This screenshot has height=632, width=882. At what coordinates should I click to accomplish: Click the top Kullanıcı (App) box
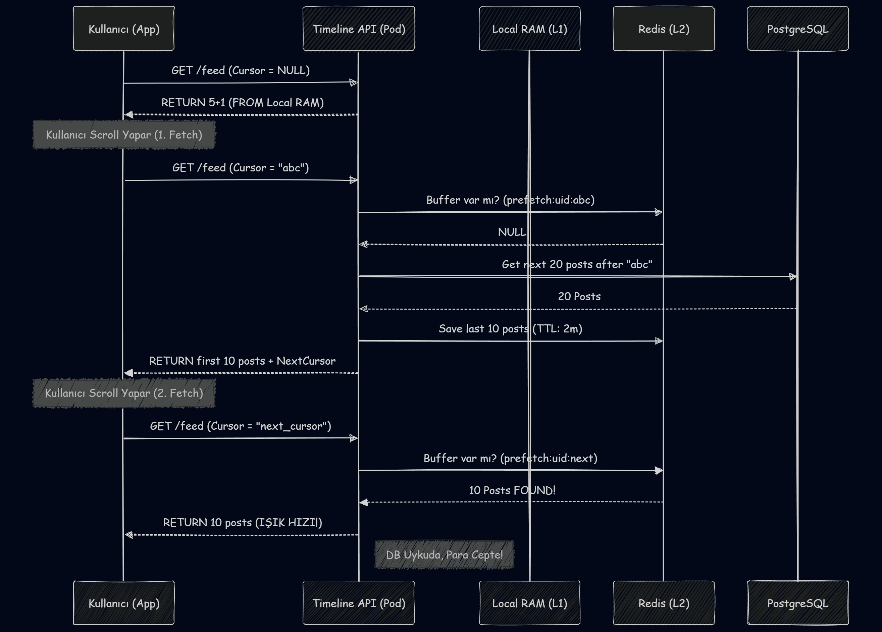124,29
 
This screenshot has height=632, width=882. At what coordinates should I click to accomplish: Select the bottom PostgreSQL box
797,603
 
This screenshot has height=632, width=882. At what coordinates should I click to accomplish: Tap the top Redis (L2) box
664,29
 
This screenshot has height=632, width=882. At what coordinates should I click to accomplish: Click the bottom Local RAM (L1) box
529,603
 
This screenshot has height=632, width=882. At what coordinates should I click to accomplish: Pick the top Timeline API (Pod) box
359,29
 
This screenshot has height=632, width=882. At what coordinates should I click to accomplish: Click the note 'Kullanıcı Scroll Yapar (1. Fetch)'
124,135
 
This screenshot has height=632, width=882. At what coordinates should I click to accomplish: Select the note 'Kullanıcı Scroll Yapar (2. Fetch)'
124,393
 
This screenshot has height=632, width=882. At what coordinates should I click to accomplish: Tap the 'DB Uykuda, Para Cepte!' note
444,555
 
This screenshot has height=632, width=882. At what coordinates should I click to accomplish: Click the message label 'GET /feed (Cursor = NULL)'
240,70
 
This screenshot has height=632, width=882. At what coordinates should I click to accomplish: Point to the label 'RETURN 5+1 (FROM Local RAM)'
242,103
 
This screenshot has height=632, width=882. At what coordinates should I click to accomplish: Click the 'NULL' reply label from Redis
512,232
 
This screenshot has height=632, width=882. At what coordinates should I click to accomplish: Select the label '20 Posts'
579,296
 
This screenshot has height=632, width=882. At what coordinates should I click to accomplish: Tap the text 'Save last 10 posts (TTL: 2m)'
510,329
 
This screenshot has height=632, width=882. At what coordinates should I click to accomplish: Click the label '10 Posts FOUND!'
512,490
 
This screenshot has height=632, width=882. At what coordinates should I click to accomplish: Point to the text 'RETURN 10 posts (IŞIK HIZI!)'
242,522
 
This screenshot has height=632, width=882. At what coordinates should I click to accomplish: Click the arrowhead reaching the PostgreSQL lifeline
792,276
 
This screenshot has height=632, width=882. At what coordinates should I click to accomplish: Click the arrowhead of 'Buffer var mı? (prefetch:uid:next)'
658,471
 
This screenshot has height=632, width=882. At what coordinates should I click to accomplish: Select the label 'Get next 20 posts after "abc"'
577,264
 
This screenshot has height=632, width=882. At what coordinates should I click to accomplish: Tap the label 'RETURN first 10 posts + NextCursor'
242,361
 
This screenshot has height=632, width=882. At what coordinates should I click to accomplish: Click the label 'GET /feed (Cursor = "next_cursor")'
240,426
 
